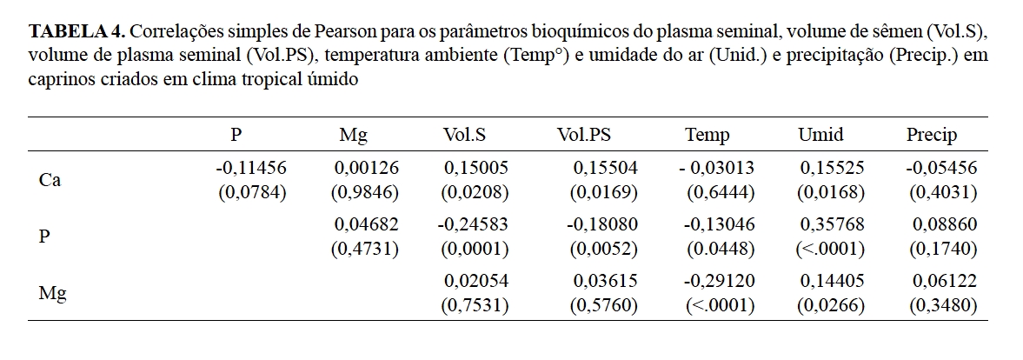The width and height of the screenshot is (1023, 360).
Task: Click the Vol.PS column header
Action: (x=584, y=135)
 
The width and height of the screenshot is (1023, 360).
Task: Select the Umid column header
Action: (x=820, y=135)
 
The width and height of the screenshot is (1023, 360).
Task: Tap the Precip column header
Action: (x=932, y=135)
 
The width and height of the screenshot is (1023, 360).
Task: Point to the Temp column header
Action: (x=707, y=135)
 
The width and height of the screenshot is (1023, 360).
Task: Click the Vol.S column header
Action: (x=464, y=135)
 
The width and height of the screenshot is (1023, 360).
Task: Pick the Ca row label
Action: (x=50, y=180)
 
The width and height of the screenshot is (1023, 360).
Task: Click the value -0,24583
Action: (x=473, y=224)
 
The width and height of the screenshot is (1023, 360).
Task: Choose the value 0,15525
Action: (x=832, y=168)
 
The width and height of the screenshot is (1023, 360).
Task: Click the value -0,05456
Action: (x=941, y=168)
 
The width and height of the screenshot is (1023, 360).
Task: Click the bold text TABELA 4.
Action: (x=76, y=32)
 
